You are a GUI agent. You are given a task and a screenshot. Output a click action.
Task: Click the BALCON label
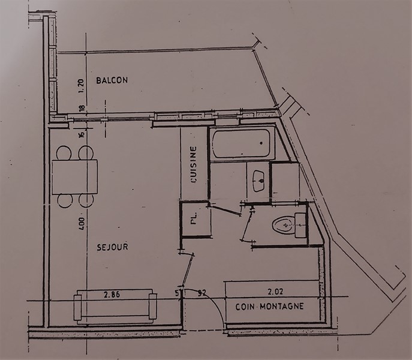pyautogui.click(x=112, y=80)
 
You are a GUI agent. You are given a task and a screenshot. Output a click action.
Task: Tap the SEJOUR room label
pyautogui.click(x=113, y=247)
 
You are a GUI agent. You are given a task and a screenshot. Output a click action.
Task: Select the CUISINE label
pyautogui.click(x=194, y=164)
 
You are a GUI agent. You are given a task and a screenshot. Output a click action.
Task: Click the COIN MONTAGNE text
pyautogui.click(x=270, y=307)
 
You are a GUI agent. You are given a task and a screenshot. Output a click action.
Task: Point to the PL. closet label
pyautogui.click(x=194, y=218)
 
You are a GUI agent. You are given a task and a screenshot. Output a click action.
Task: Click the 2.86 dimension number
pyautogui.click(x=112, y=294)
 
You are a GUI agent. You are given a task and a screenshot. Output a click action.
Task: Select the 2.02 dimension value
pyautogui.click(x=275, y=292)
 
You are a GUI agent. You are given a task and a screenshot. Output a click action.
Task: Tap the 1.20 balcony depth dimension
pyautogui.click(x=81, y=86)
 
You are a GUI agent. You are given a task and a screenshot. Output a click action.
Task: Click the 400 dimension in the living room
pyautogui.click(x=82, y=224)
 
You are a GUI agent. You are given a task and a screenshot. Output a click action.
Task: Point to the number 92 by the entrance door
pyautogui.click(x=202, y=292)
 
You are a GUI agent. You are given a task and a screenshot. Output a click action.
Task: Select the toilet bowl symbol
pyautogui.click(x=282, y=224)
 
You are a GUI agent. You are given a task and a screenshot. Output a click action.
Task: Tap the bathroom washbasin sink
pyautogui.click(x=258, y=181)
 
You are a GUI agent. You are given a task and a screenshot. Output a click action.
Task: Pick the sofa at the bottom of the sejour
pyautogui.click(x=115, y=307)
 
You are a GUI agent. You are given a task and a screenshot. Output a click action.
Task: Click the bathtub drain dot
pyautogui.click(x=261, y=143)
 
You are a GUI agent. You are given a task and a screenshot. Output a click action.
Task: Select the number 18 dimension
pyautogui.click(x=82, y=109)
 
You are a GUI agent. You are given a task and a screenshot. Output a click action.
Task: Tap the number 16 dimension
pyautogui.click(x=82, y=134)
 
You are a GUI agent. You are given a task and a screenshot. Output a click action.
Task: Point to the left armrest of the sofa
pyautogui.click(x=77, y=307)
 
